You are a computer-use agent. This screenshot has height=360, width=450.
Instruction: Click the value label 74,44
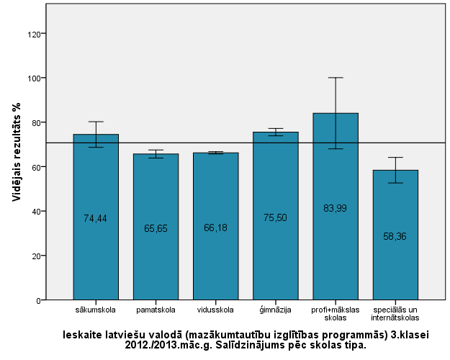coord(96,218)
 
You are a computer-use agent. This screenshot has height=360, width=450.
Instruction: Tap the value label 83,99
coord(335,208)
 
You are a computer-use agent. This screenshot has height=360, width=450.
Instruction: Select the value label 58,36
coord(395,235)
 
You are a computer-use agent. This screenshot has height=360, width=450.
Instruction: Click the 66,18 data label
coord(215,228)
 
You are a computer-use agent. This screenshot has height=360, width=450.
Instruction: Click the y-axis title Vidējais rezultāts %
coord(17,159)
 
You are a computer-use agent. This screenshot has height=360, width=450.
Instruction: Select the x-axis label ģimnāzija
coord(275,310)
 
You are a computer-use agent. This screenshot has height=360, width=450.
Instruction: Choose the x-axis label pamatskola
coord(156,310)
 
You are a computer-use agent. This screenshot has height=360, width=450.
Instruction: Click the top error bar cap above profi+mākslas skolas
coord(335,78)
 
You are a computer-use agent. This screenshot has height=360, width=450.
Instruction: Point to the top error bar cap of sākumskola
coord(96,122)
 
